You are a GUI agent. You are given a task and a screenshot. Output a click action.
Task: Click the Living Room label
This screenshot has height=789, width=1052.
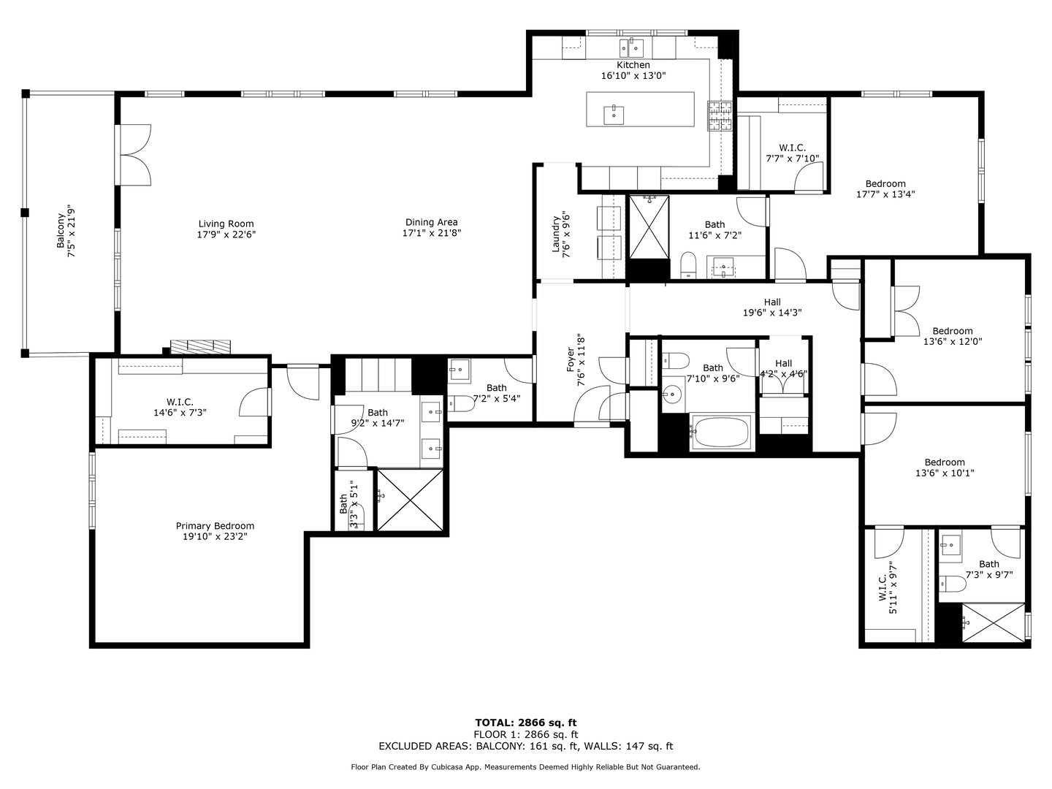(226, 224)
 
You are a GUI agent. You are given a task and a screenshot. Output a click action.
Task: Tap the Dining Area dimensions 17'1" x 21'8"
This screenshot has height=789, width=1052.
(431, 233)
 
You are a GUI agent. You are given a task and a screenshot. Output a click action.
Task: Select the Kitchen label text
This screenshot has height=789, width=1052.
(633, 65)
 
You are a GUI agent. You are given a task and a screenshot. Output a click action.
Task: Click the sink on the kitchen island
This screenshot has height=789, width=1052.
(614, 114)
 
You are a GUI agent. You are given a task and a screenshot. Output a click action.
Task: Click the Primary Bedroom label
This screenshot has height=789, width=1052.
(215, 526)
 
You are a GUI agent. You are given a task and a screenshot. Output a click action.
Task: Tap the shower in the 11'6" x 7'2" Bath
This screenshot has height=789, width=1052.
(649, 226)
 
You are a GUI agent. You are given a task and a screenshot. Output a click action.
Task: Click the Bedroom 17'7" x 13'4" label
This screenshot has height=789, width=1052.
(885, 184)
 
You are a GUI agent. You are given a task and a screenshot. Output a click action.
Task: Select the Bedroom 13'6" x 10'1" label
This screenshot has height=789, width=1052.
(945, 462)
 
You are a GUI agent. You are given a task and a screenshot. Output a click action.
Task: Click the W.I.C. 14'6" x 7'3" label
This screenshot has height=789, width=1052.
(180, 402)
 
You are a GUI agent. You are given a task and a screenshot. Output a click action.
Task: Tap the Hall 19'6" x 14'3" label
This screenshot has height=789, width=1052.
(772, 302)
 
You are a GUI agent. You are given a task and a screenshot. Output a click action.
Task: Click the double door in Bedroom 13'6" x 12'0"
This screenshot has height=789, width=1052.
(904, 310)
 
